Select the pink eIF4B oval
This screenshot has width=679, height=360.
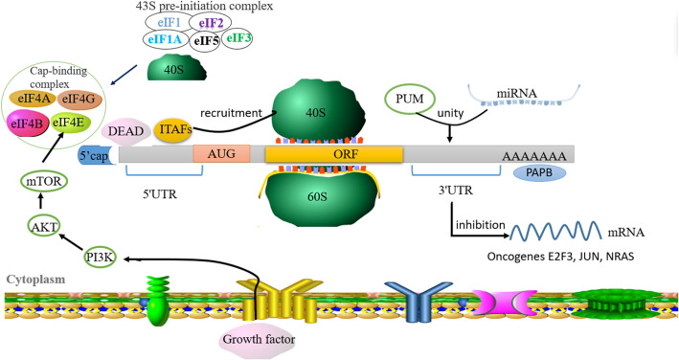tap(29, 125)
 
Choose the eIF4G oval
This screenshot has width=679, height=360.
tap(81, 98)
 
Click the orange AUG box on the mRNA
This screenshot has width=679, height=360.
tap(221, 153)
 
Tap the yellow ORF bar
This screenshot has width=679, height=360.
tap(333, 153)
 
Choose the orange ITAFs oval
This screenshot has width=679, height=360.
tap(174, 127)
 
